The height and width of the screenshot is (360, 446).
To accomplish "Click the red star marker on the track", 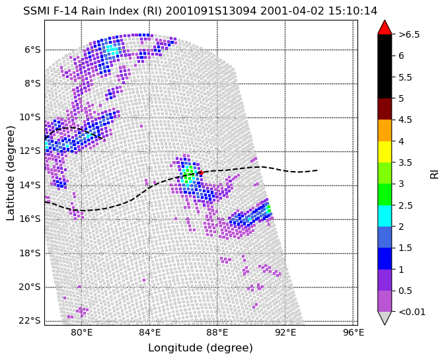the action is (x=201, y=172).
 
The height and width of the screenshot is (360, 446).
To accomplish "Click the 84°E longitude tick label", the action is (x=149, y=332).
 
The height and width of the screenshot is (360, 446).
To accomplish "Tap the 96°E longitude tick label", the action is (x=353, y=332).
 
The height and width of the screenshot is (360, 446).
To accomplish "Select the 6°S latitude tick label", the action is (x=32, y=50).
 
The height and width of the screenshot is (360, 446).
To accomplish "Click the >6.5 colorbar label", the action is (x=409, y=35).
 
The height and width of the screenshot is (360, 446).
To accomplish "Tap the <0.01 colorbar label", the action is (x=412, y=312).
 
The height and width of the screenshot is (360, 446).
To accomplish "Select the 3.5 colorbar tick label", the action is (x=405, y=162).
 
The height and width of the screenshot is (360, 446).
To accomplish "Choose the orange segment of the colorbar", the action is (x=385, y=130).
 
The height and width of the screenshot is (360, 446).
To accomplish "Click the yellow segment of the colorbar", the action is (x=385, y=152).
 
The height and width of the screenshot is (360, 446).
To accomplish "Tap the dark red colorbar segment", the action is (x=385, y=109).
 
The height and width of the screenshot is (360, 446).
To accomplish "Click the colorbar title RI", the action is (x=435, y=173).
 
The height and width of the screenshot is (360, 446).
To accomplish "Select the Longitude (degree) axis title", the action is (x=200, y=347).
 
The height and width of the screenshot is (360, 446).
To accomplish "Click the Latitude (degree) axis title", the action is (x=10, y=173).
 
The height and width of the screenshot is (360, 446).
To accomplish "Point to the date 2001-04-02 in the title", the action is (x=292, y=11).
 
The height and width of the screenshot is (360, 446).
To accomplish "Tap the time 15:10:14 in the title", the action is (x=353, y=11).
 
